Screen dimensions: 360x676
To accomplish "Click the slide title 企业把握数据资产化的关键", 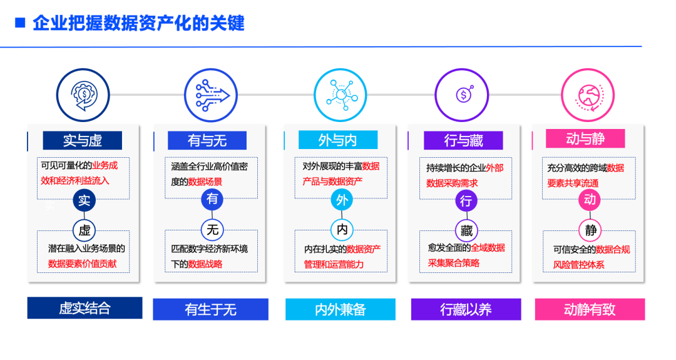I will pos(138,23).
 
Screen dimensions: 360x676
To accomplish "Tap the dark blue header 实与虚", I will pos(82,140).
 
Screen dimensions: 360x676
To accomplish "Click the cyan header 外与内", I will pos(338,140).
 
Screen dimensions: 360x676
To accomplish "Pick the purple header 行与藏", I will pos(463,140).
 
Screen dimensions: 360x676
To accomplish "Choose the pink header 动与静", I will pos(585,138).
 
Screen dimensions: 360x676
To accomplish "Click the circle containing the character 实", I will pos(84,200).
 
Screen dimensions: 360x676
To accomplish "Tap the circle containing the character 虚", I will pos(84,230).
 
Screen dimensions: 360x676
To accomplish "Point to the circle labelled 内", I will pos(342,230).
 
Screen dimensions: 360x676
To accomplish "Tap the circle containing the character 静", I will pos(591,230).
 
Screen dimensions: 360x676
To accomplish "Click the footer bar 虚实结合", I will pos(84,308).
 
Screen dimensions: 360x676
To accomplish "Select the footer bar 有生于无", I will pos(210,309).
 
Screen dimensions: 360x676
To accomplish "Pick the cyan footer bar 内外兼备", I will pos(341,309).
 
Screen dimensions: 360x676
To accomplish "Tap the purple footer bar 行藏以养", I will pos(466,309).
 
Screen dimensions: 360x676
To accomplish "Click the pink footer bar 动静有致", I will pos(590,309).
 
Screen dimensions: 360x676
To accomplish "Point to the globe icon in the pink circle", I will pos(589,95).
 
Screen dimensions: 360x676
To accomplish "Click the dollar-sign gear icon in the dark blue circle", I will pos(83,95).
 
